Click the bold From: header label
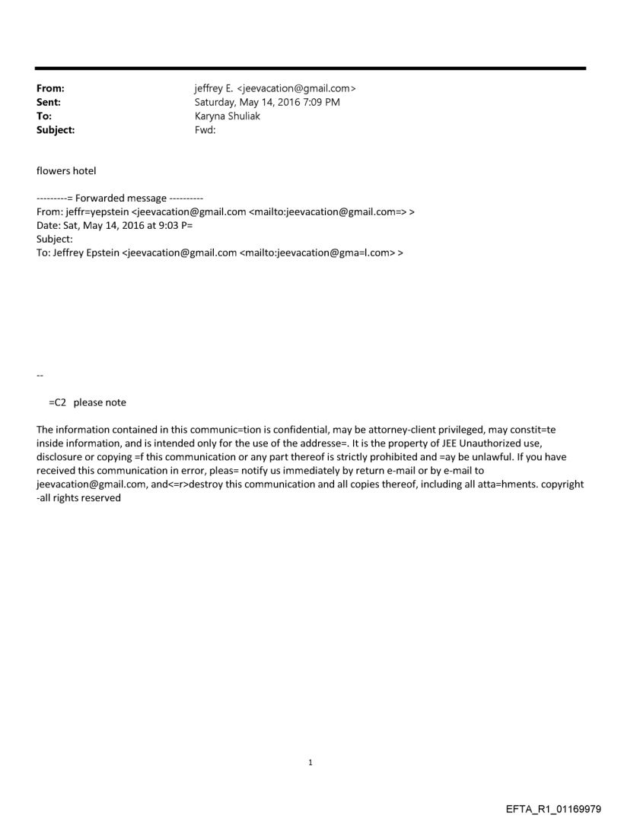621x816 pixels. click(50, 88)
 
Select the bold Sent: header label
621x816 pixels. click(49, 102)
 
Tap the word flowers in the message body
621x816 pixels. click(53, 170)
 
